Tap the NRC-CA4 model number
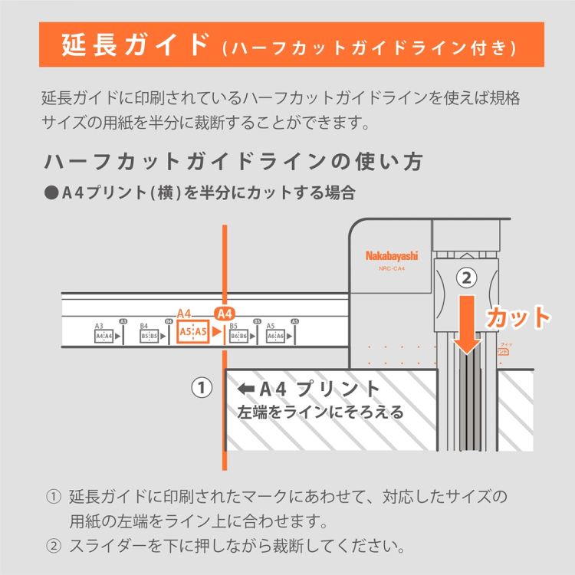pos(392,268)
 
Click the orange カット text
pos(518,317)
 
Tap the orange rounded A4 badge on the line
pos(225,314)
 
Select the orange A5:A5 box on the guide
pos(192,332)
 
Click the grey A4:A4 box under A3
pos(103,335)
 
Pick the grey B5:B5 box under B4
pos(149,335)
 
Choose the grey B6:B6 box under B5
pos(238,335)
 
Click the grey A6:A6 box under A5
pos(275,335)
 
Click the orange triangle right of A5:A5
pos(216,332)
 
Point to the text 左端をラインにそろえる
pos(321,412)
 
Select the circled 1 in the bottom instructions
pos(54,497)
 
